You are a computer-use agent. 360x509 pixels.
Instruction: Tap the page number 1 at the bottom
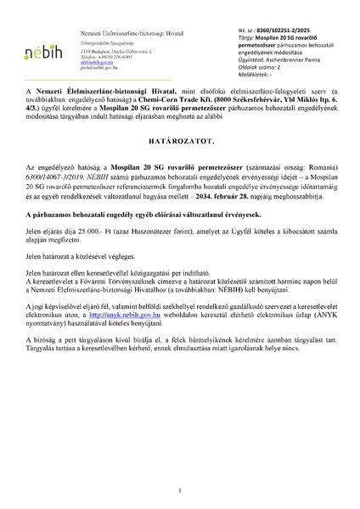click(x=180, y=489)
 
